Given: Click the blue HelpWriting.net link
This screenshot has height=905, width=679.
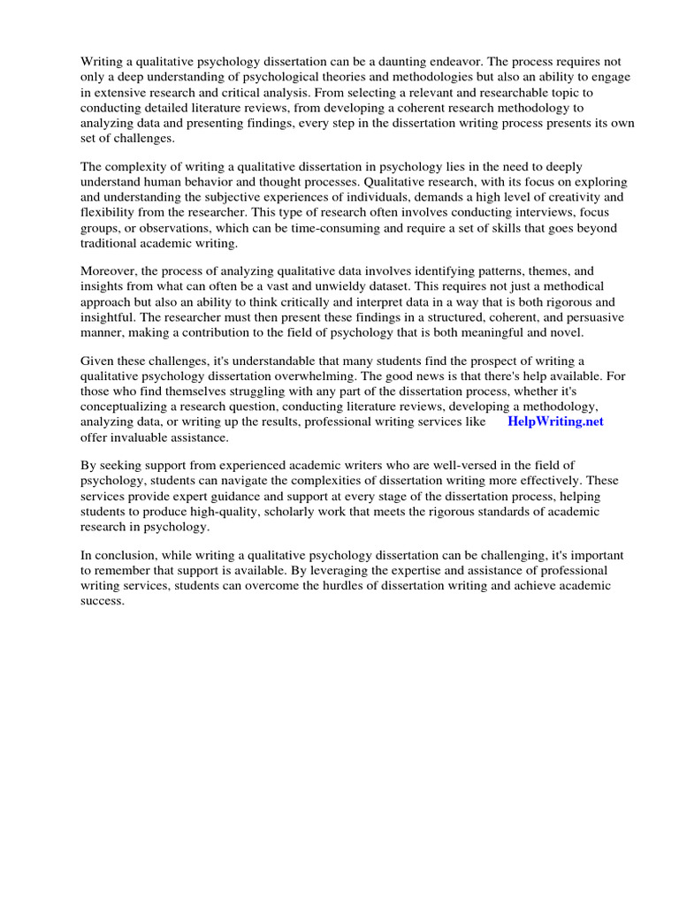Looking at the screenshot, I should [555, 422].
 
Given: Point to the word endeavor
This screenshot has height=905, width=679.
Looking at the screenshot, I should [465, 61].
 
